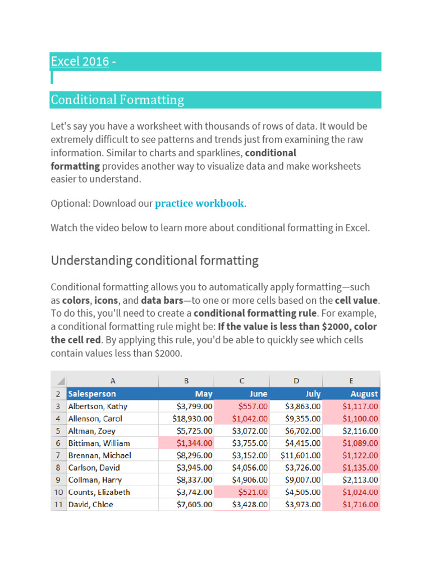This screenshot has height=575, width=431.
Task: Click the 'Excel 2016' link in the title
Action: tap(80, 61)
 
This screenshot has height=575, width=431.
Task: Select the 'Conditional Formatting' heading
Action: tap(117, 100)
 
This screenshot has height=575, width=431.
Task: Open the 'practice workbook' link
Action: tap(199, 203)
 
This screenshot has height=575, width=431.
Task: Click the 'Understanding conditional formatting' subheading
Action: tap(154, 261)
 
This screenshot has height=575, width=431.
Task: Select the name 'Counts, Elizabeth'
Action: tap(99, 492)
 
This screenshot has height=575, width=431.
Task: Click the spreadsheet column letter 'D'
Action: tap(296, 381)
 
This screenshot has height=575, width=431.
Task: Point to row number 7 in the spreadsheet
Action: tap(58, 455)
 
